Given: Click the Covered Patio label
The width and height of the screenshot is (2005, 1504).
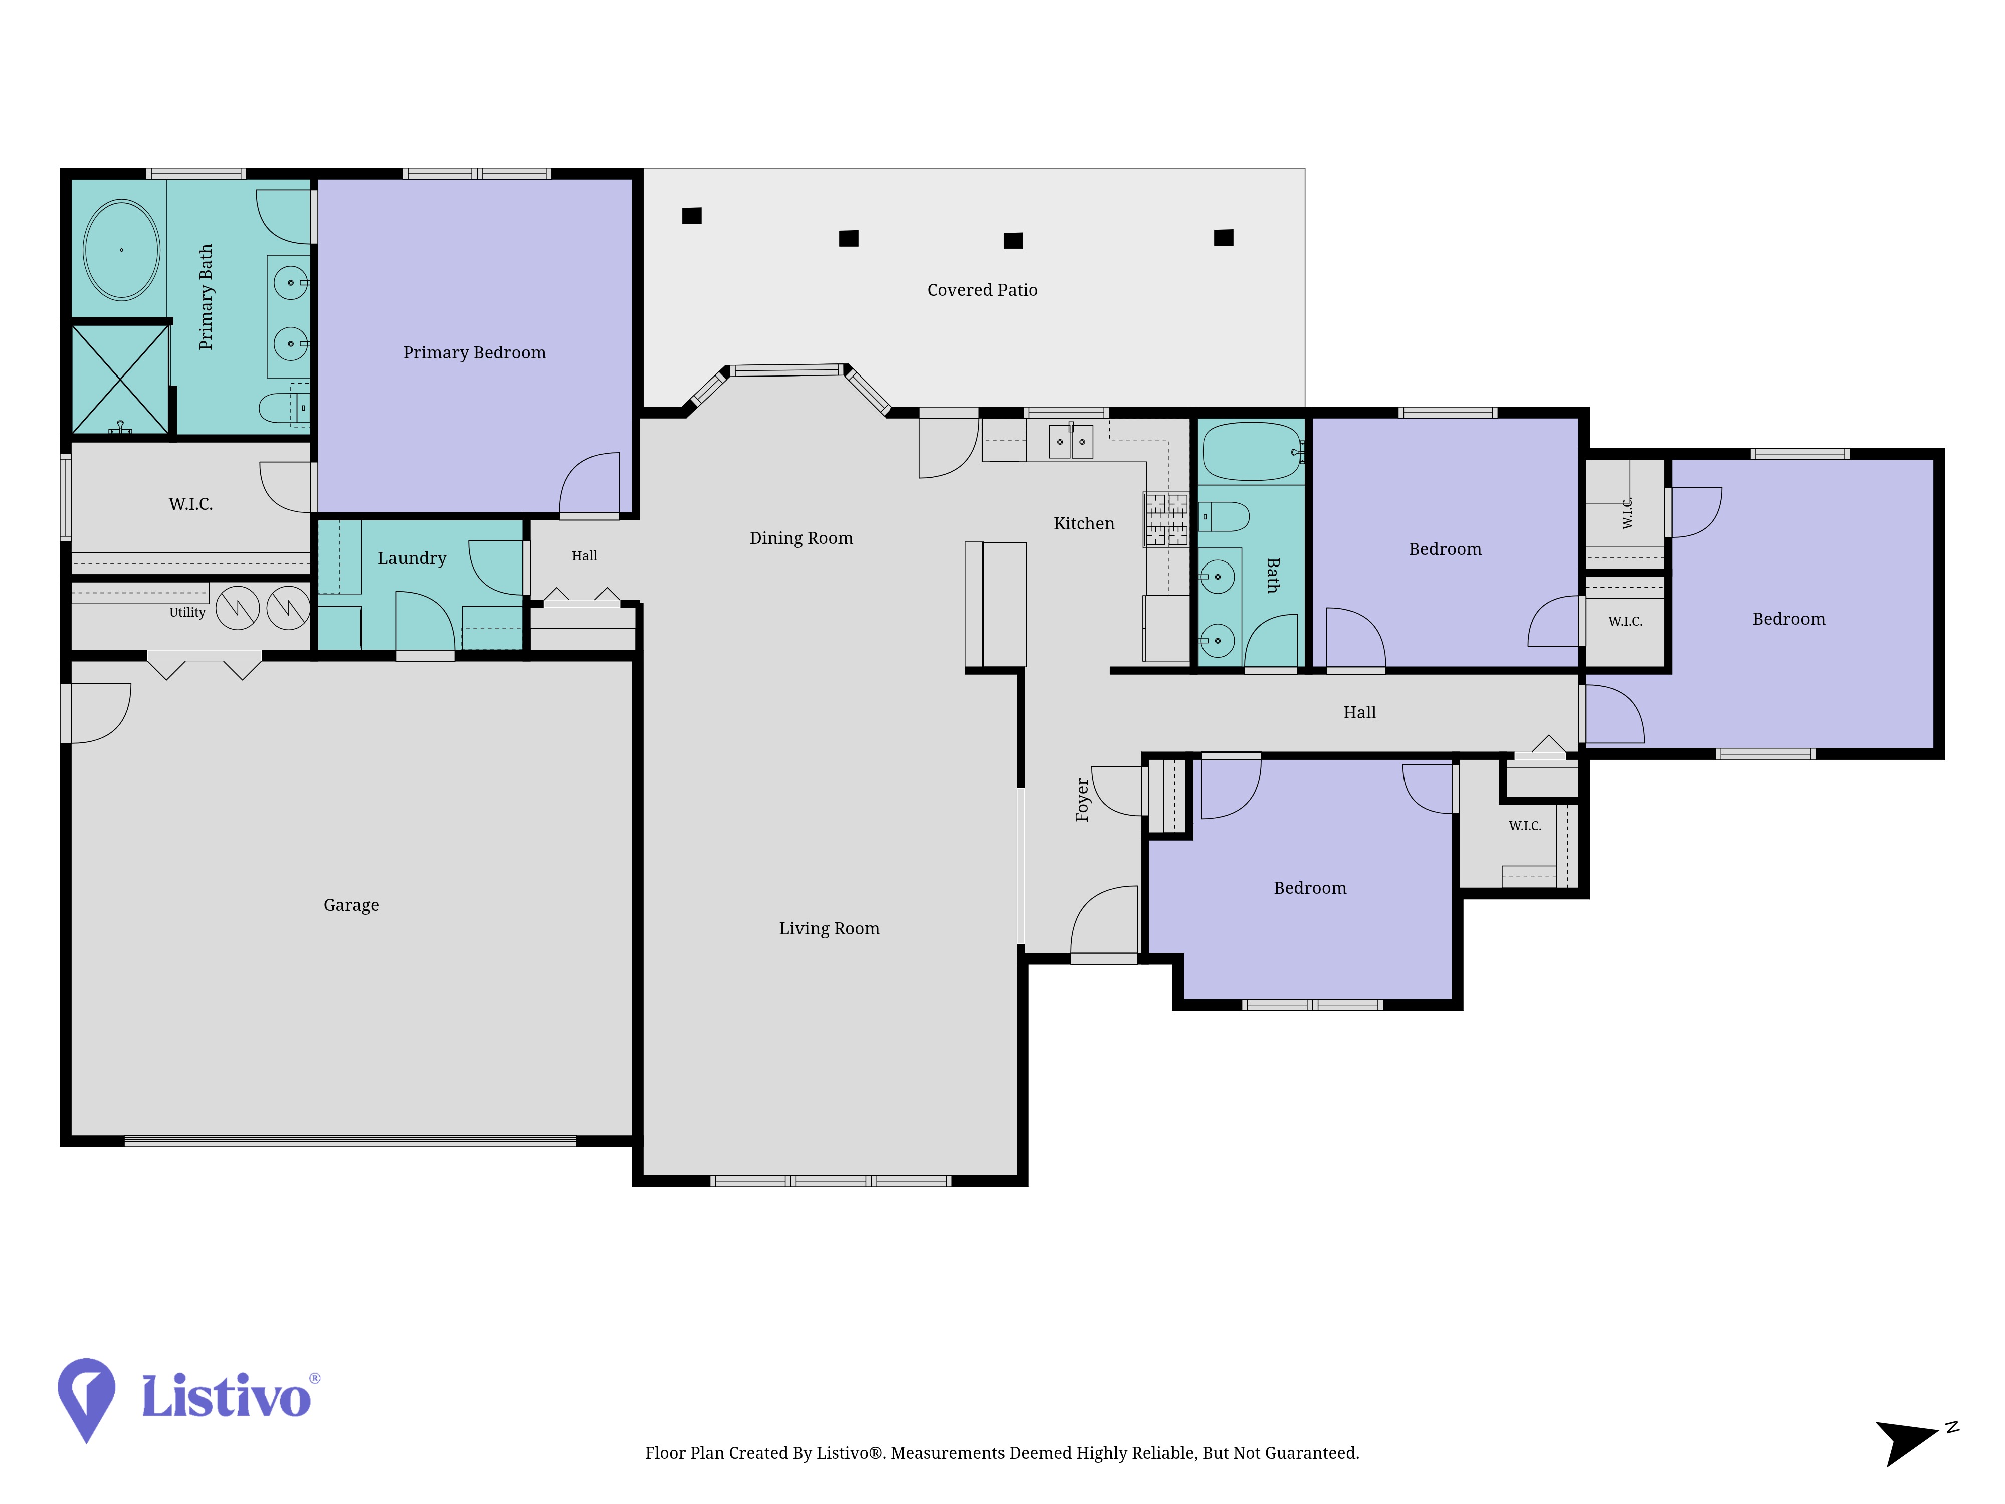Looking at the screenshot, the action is click(981, 290).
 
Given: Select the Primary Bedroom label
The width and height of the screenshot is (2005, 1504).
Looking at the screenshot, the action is click(474, 352).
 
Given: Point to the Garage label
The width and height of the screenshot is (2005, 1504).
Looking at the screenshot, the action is click(351, 905).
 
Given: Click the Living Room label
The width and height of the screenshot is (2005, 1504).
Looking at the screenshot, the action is click(829, 928).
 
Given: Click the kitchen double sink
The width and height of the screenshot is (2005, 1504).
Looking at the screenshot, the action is click(1071, 442).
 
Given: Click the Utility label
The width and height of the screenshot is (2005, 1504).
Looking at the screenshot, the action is click(187, 612).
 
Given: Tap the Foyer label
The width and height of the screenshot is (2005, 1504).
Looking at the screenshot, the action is click(1081, 800).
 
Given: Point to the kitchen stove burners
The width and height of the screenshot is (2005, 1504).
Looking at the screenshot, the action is click(1165, 519).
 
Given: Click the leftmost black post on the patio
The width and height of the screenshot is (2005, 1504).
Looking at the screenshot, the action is click(692, 216).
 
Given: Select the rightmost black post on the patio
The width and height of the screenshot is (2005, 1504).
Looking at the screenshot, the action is click(1224, 238).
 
